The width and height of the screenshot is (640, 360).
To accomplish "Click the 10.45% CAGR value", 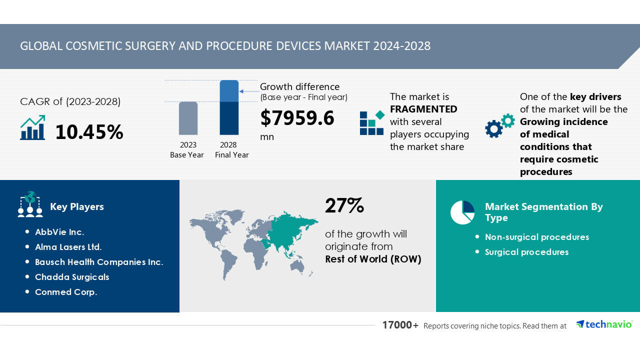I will [89, 132].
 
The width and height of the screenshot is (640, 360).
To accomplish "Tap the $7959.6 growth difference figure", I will [297, 118].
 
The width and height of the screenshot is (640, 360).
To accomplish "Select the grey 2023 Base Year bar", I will [188, 118].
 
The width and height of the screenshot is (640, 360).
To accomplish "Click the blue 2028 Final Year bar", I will [229, 107].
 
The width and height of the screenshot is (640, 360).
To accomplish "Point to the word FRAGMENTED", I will [423, 109].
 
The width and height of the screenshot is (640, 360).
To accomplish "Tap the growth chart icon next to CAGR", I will [33, 128].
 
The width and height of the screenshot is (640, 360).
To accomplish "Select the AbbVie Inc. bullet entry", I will [59, 232].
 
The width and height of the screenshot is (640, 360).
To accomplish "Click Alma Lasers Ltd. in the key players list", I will [68, 247].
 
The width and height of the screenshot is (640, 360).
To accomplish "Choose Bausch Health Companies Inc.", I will [99, 262].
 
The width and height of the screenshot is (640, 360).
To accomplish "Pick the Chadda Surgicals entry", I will [72, 277].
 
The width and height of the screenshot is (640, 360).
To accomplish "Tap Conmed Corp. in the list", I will [66, 292].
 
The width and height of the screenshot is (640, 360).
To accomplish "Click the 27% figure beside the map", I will [344, 205].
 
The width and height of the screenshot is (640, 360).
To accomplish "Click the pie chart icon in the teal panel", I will [462, 212].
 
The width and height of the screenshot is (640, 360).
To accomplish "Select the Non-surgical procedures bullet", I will [537, 237].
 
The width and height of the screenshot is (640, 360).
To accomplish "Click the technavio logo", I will [604, 324].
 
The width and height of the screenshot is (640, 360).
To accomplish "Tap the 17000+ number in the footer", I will [400, 325].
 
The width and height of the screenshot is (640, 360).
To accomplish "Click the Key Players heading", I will [77, 206].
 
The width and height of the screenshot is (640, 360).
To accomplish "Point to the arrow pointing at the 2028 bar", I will [248, 91].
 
